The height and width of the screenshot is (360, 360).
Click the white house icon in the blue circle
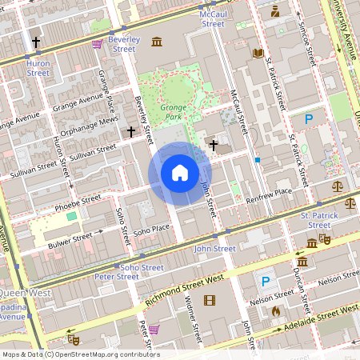(180, 173)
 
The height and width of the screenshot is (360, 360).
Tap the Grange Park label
(173, 110)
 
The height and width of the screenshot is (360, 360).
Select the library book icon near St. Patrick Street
(258, 54)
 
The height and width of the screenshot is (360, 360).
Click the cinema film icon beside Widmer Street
(210, 301)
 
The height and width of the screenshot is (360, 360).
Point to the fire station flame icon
(276, 311)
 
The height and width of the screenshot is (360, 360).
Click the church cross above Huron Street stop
(36, 42)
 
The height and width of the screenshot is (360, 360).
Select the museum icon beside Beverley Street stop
(157, 41)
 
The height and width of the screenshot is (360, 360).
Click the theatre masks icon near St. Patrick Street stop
(324, 238)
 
